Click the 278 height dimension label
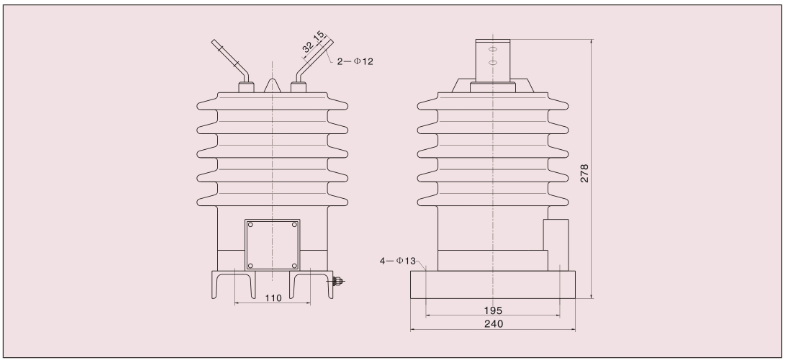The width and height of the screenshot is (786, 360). coord(584,173)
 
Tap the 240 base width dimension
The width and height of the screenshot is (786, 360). coord(494,324)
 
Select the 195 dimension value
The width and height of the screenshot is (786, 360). coord(493,311)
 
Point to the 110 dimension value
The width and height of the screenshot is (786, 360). coord(273,298)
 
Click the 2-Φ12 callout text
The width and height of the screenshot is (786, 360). coord(355,62)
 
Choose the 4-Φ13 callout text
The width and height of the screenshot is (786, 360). coord(398,261)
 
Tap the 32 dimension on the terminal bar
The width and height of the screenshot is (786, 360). coord(308,47)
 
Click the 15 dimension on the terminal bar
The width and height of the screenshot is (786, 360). coord(319,37)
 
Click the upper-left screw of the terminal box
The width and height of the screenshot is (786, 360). coord(251,225)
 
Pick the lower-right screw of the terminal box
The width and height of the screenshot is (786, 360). coord(294,266)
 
